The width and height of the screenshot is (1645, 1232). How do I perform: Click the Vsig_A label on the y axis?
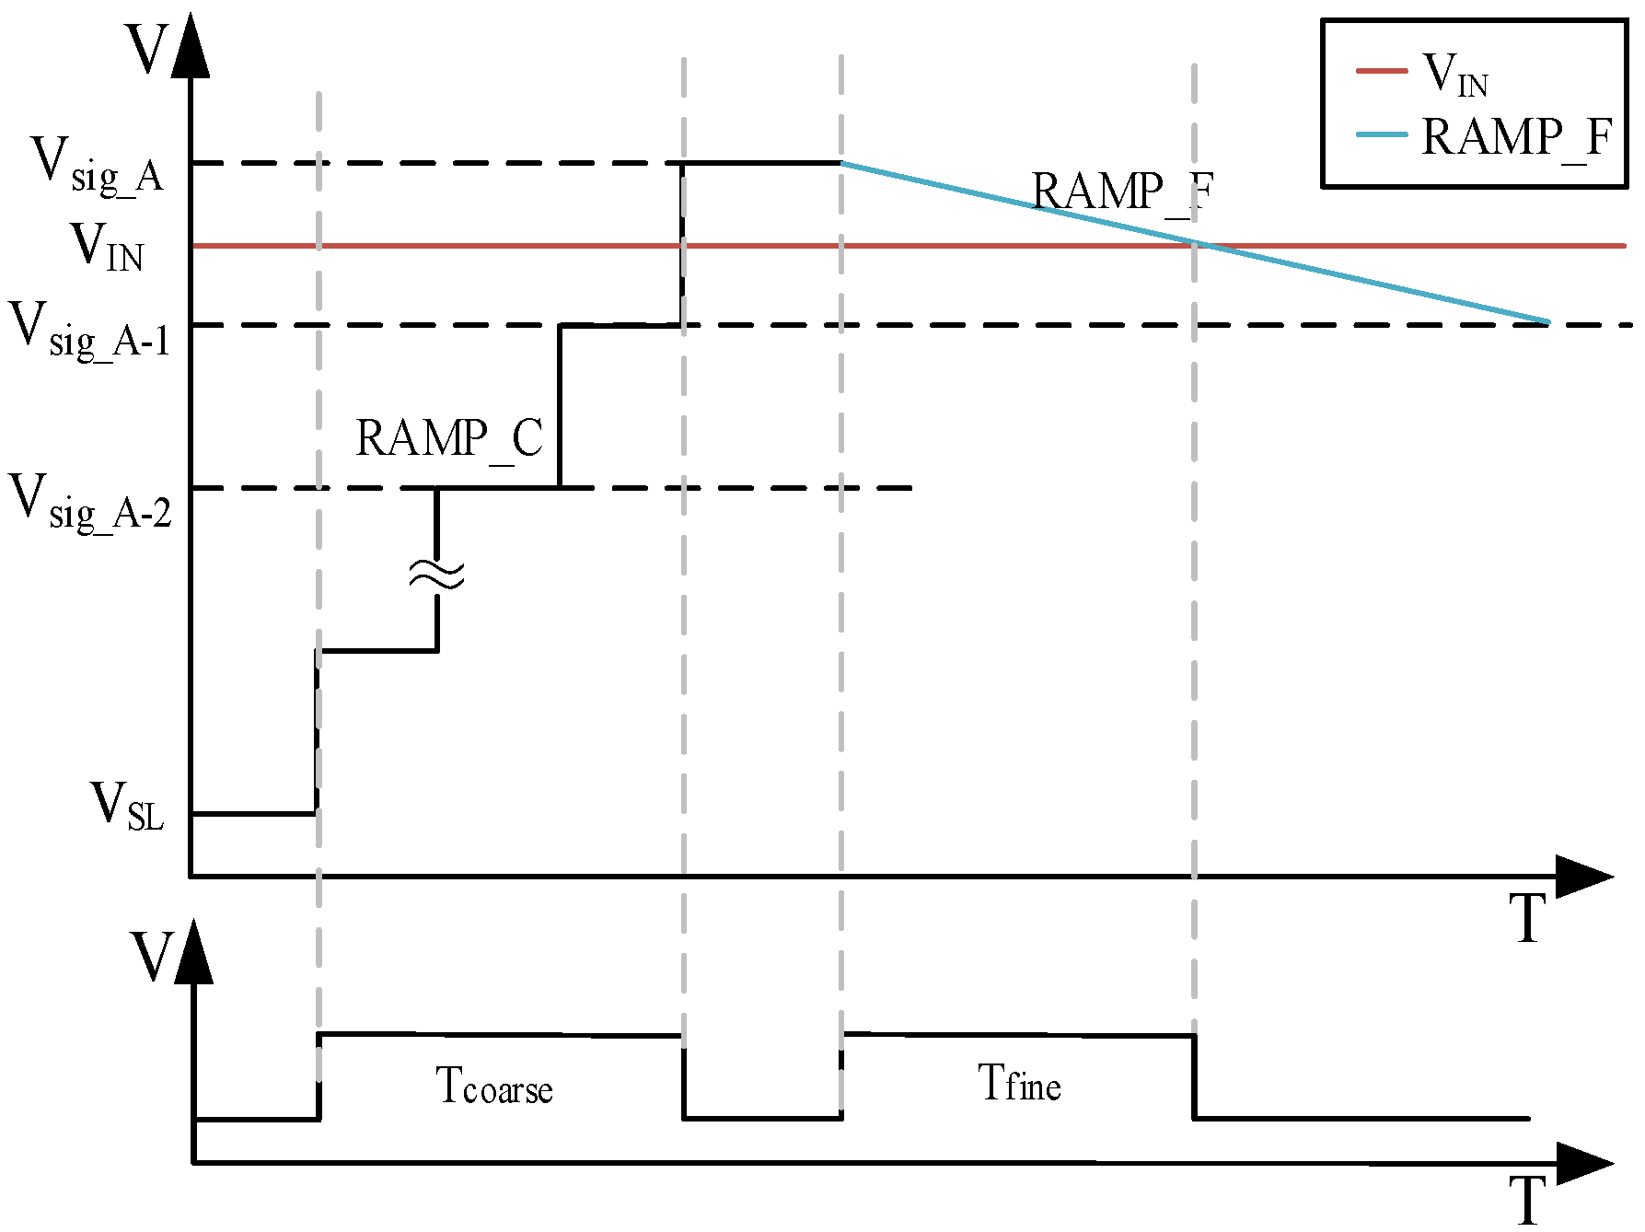coord(98,166)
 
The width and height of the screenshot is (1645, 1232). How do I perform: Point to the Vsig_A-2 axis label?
coord(90,502)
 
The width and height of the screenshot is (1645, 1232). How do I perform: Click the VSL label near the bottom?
coord(127,807)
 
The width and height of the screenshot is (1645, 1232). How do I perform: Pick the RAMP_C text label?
coord(449,438)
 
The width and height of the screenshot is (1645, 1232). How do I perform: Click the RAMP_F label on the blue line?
coord(1122,193)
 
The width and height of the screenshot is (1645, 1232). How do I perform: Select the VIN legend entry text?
coord(1454,74)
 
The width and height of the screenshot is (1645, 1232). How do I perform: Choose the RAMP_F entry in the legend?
coord(1516,138)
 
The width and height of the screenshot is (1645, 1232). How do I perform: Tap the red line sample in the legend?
coord(1382,71)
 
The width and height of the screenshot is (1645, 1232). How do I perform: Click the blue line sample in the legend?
coord(1382,134)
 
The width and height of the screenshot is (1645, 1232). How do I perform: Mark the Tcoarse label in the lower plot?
coord(494,1087)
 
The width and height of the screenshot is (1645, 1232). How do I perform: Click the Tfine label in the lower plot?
coord(1019,1083)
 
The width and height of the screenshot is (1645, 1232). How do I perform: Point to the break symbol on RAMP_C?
coord(437,575)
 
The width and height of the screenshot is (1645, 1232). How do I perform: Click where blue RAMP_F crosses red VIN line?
coord(1197,245)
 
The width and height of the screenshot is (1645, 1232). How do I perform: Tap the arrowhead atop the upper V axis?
coord(191,46)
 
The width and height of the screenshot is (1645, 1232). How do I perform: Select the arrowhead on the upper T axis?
coord(1583,876)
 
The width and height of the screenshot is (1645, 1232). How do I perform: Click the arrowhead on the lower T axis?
coord(1583,1163)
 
